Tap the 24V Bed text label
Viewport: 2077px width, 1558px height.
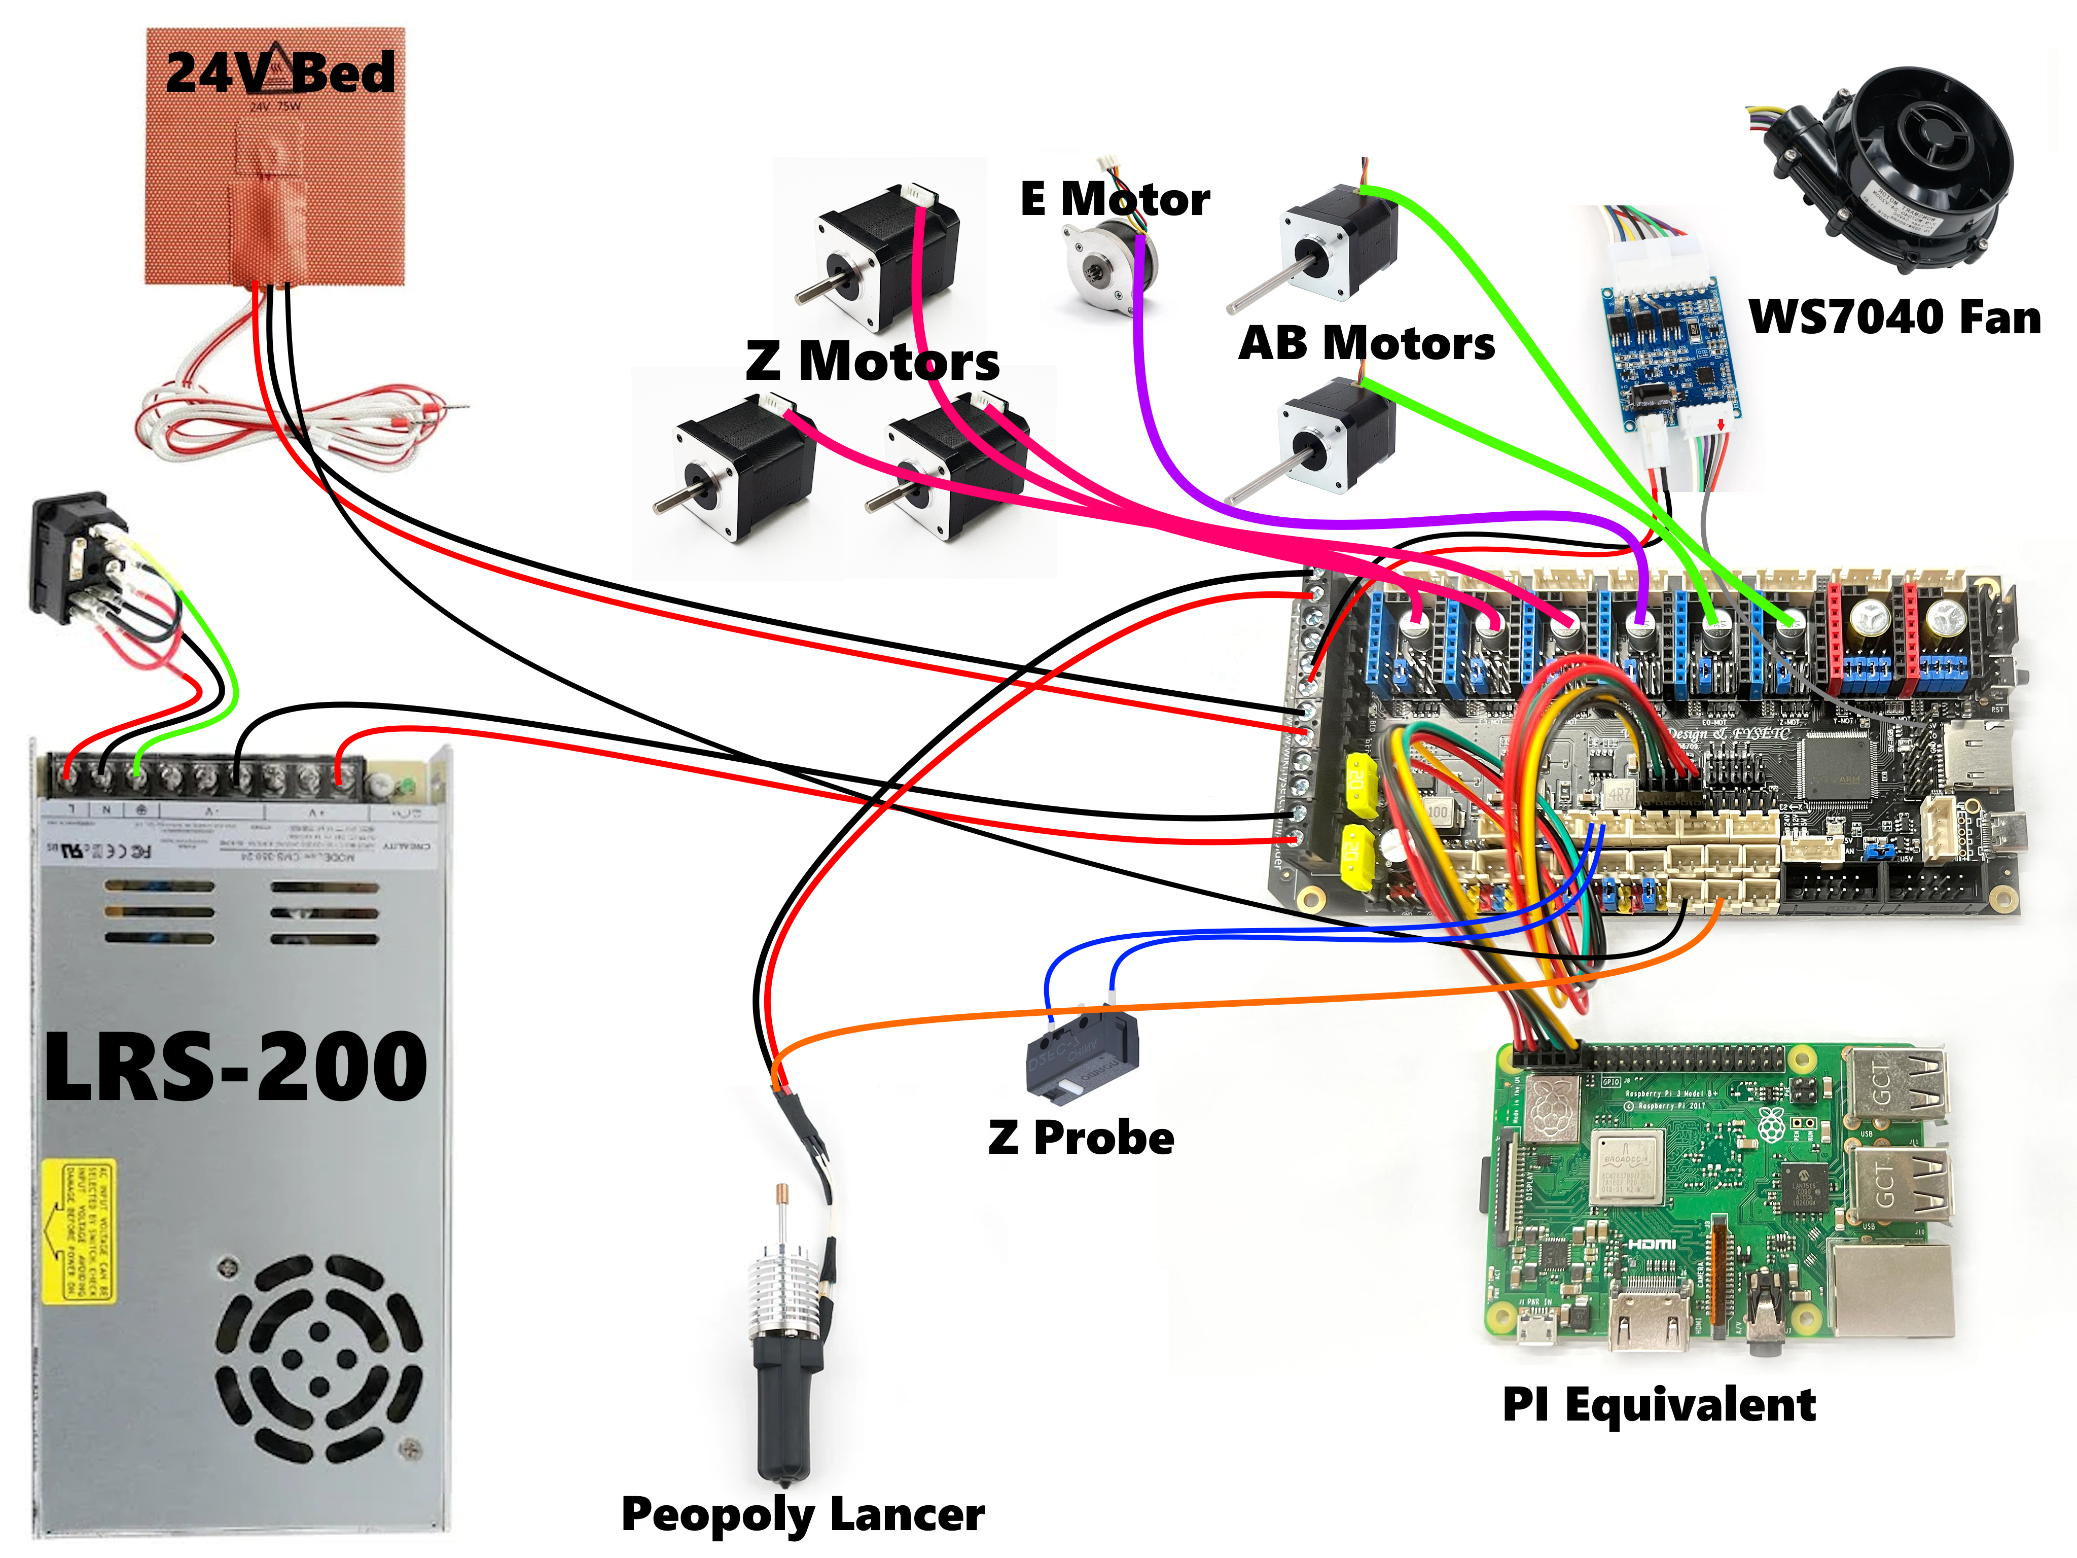(x=280, y=73)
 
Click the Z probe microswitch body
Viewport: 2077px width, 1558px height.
(x=1082, y=1052)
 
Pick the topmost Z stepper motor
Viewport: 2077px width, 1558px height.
(x=887, y=258)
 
